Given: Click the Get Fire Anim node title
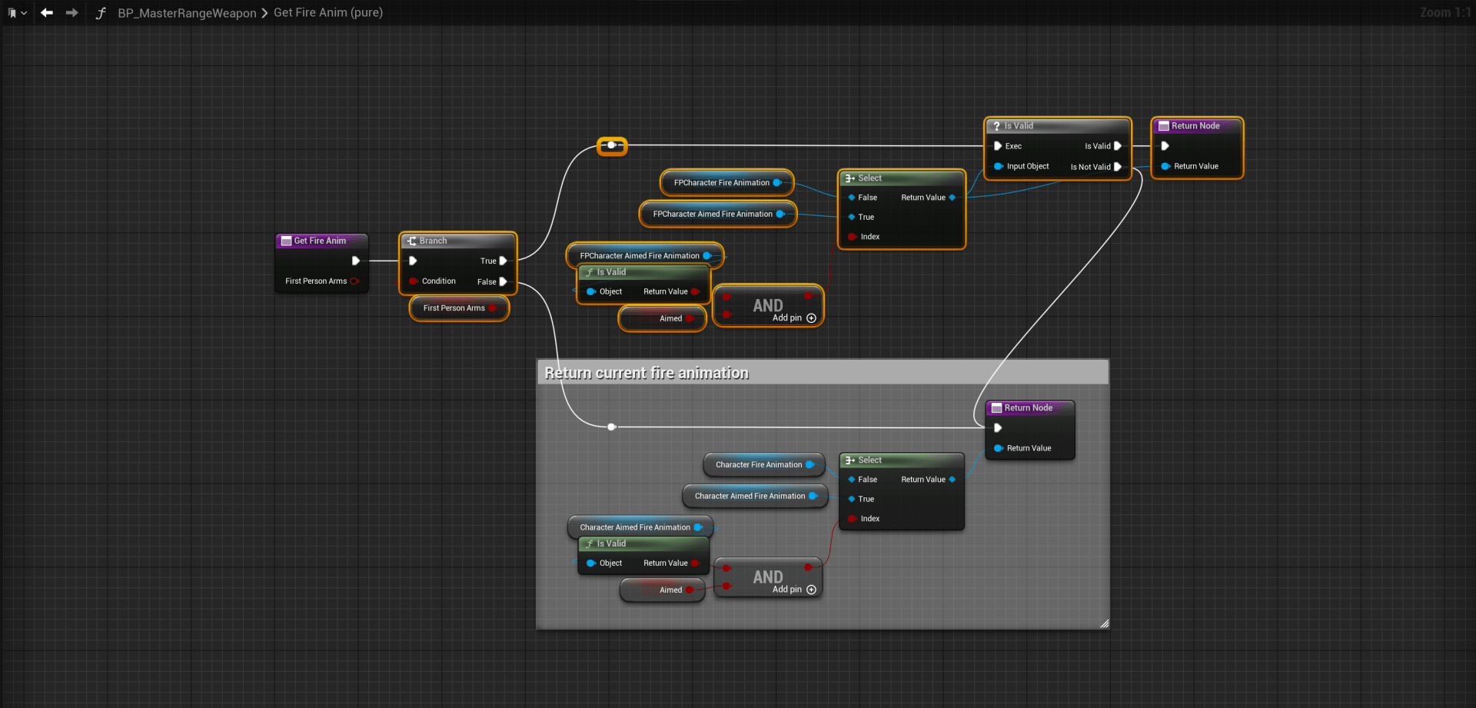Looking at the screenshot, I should pyautogui.click(x=320, y=241).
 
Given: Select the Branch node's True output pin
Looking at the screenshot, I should pyautogui.click(x=503, y=261).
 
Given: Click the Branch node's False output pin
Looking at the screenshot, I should pyautogui.click(x=503, y=282).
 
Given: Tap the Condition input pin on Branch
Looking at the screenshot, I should pyautogui.click(x=414, y=281).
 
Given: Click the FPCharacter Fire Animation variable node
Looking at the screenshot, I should pyautogui.click(x=721, y=183).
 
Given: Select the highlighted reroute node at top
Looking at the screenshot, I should pyautogui.click(x=612, y=145).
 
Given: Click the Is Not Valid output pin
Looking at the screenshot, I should pyautogui.click(x=1117, y=167).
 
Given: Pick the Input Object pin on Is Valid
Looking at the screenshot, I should pyautogui.click(x=999, y=167).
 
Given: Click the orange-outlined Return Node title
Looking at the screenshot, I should pyautogui.click(x=1195, y=126).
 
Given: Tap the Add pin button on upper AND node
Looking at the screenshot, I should pyautogui.click(x=811, y=318).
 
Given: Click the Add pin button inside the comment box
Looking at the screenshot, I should pyautogui.click(x=811, y=590).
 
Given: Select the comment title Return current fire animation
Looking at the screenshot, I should pyautogui.click(x=647, y=373).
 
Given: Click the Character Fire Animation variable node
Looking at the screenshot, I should pyautogui.click(x=759, y=465).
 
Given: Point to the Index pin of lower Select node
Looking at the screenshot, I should pyautogui.click(x=852, y=519).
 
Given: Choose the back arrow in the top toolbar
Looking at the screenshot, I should pyautogui.click(x=47, y=12).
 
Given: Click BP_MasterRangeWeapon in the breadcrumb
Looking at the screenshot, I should pyautogui.click(x=187, y=13).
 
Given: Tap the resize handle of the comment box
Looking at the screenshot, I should pyautogui.click(x=1104, y=623).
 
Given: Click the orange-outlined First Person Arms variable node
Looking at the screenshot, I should pyautogui.click(x=454, y=308).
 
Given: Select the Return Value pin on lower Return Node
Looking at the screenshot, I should pyautogui.click(x=999, y=448).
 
